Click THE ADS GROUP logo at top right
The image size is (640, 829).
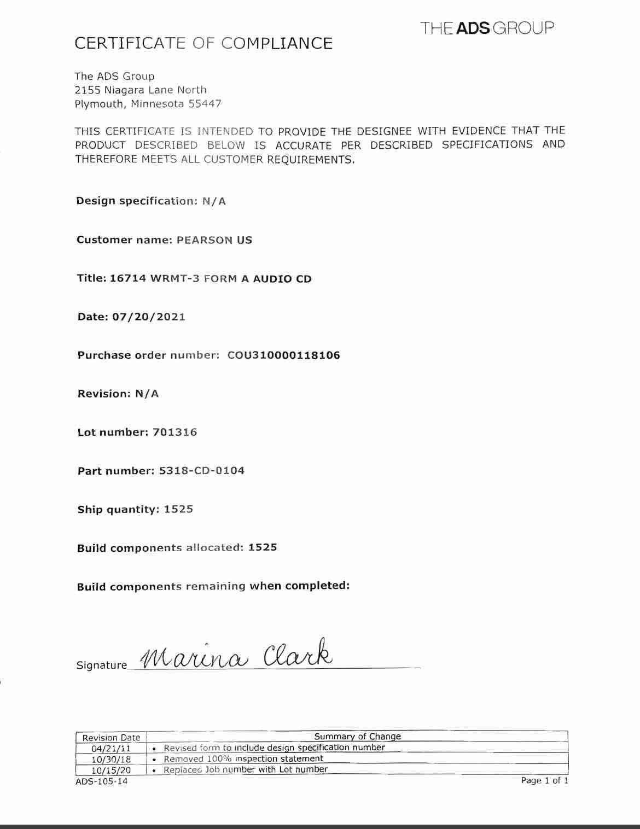point(487,28)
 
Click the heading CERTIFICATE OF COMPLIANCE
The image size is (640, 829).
point(203,44)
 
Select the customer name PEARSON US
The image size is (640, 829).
point(214,240)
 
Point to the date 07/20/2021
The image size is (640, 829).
point(149,317)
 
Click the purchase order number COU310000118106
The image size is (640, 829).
point(283,355)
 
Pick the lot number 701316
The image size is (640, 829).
point(175,432)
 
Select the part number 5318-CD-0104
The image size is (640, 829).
point(202,471)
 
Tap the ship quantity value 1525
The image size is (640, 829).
point(178,509)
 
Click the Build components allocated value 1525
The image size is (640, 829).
point(263,547)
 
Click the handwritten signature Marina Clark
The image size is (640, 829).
point(236,653)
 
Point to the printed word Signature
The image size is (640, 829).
point(102,665)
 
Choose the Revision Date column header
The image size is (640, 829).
point(111,738)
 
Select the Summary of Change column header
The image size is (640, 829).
point(357,737)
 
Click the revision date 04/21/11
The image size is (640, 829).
point(111,749)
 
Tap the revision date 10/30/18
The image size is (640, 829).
point(111,760)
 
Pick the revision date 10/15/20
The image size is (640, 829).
point(111,770)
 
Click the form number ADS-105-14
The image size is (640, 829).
point(101,781)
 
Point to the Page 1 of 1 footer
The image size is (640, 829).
point(544,780)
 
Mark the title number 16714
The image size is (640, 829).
point(128,278)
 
